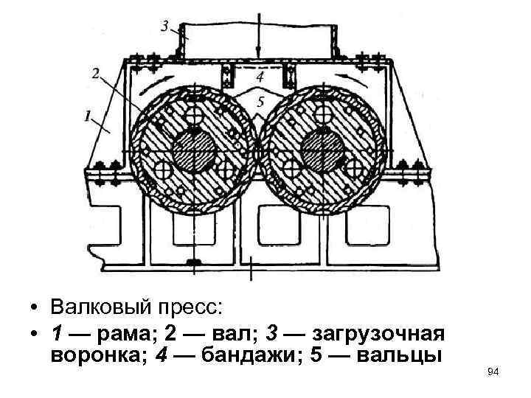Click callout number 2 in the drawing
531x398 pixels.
[x=96, y=72]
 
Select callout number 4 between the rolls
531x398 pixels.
[x=260, y=75]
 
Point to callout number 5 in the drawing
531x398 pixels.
[x=260, y=102]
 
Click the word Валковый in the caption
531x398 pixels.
[x=102, y=306]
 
